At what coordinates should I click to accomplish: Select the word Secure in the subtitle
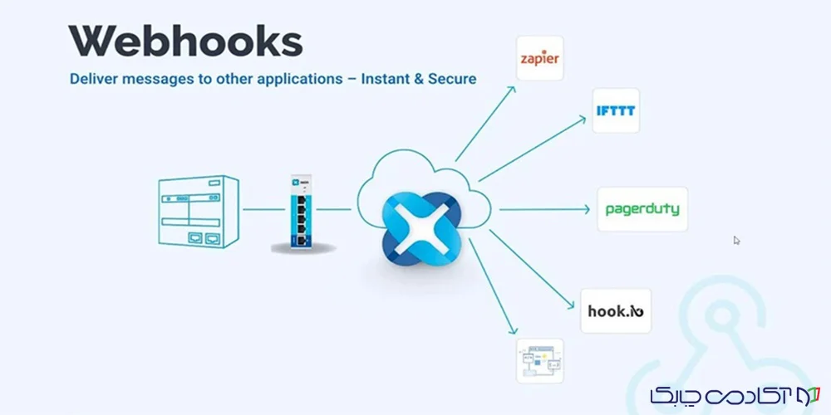tap(451, 80)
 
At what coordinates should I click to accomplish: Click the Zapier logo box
tap(539, 58)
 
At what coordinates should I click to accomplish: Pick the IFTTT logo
tap(616, 110)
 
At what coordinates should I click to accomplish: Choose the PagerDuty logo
tap(642, 208)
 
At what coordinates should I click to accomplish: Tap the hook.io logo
tap(616, 311)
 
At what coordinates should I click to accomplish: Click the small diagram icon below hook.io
tap(539, 359)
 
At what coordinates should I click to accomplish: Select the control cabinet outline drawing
tap(197, 213)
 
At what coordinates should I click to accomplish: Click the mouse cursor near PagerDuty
tap(736, 241)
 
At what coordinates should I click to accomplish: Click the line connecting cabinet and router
tap(260, 209)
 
